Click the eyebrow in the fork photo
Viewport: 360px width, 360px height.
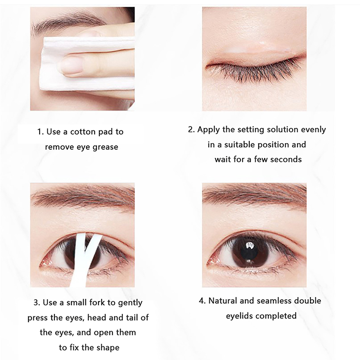coord(83,198)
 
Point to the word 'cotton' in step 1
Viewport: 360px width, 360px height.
coord(83,132)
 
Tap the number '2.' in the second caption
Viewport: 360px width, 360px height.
coord(191,130)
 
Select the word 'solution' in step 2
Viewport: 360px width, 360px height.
coord(268,130)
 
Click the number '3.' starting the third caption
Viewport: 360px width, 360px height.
coord(37,302)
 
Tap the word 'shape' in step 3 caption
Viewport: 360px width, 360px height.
coord(108,348)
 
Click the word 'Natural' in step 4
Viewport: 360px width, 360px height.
coord(222,301)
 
